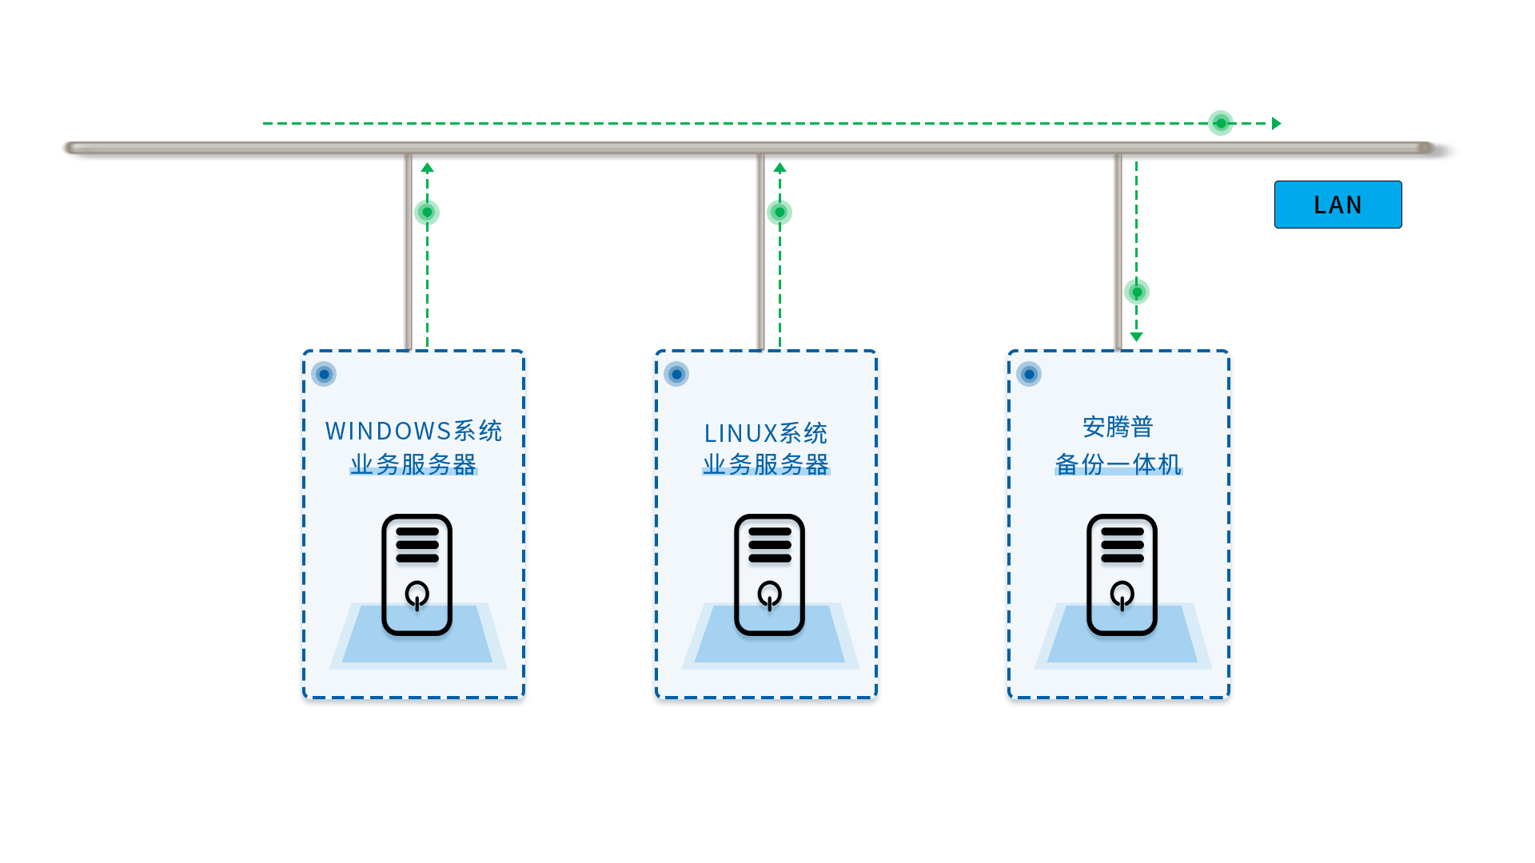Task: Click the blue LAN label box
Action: (x=1338, y=205)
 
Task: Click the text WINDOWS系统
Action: (x=414, y=431)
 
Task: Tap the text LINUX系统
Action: (x=766, y=433)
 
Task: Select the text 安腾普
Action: (x=1118, y=427)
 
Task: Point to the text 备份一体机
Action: (x=1118, y=464)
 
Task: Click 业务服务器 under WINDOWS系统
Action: (x=413, y=464)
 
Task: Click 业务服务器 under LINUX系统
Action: (x=766, y=464)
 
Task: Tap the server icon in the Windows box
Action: (x=417, y=575)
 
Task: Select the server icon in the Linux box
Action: (x=770, y=575)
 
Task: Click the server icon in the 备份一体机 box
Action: (x=1122, y=575)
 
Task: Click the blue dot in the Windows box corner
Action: (x=324, y=374)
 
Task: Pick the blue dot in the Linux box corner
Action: (x=676, y=374)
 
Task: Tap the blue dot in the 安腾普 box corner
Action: (x=1029, y=374)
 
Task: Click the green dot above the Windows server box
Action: (x=427, y=213)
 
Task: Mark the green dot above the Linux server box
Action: (x=779, y=213)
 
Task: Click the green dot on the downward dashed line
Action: (x=1137, y=292)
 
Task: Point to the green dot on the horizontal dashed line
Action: (x=1221, y=123)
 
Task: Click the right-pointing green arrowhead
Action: (x=1277, y=123)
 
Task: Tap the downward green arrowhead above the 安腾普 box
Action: (x=1136, y=337)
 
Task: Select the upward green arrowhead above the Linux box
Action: (x=780, y=168)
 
